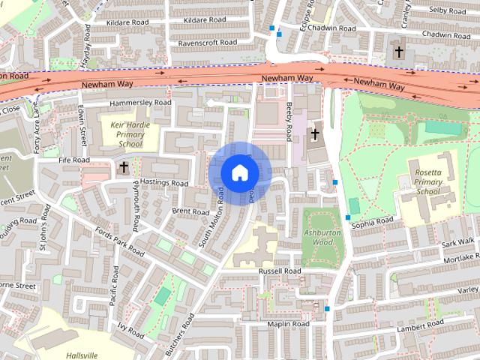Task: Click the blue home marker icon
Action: pyautogui.click(x=239, y=173)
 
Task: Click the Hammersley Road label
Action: pyautogui.click(x=140, y=103)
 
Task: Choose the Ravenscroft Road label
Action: pyautogui.click(x=207, y=43)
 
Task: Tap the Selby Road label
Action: pyautogui.click(x=448, y=10)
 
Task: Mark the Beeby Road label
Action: pyautogui.click(x=289, y=122)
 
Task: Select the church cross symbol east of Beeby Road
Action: pyautogui.click(x=316, y=135)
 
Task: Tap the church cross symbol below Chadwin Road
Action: pyautogui.click(x=399, y=52)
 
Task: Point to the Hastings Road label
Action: pyautogui.click(x=163, y=183)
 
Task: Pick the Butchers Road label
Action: pyautogui.click(x=180, y=333)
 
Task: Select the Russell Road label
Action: pyautogui.click(x=279, y=271)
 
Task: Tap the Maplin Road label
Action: pyautogui.click(x=289, y=324)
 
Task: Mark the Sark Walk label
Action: pyautogui.click(x=458, y=242)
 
